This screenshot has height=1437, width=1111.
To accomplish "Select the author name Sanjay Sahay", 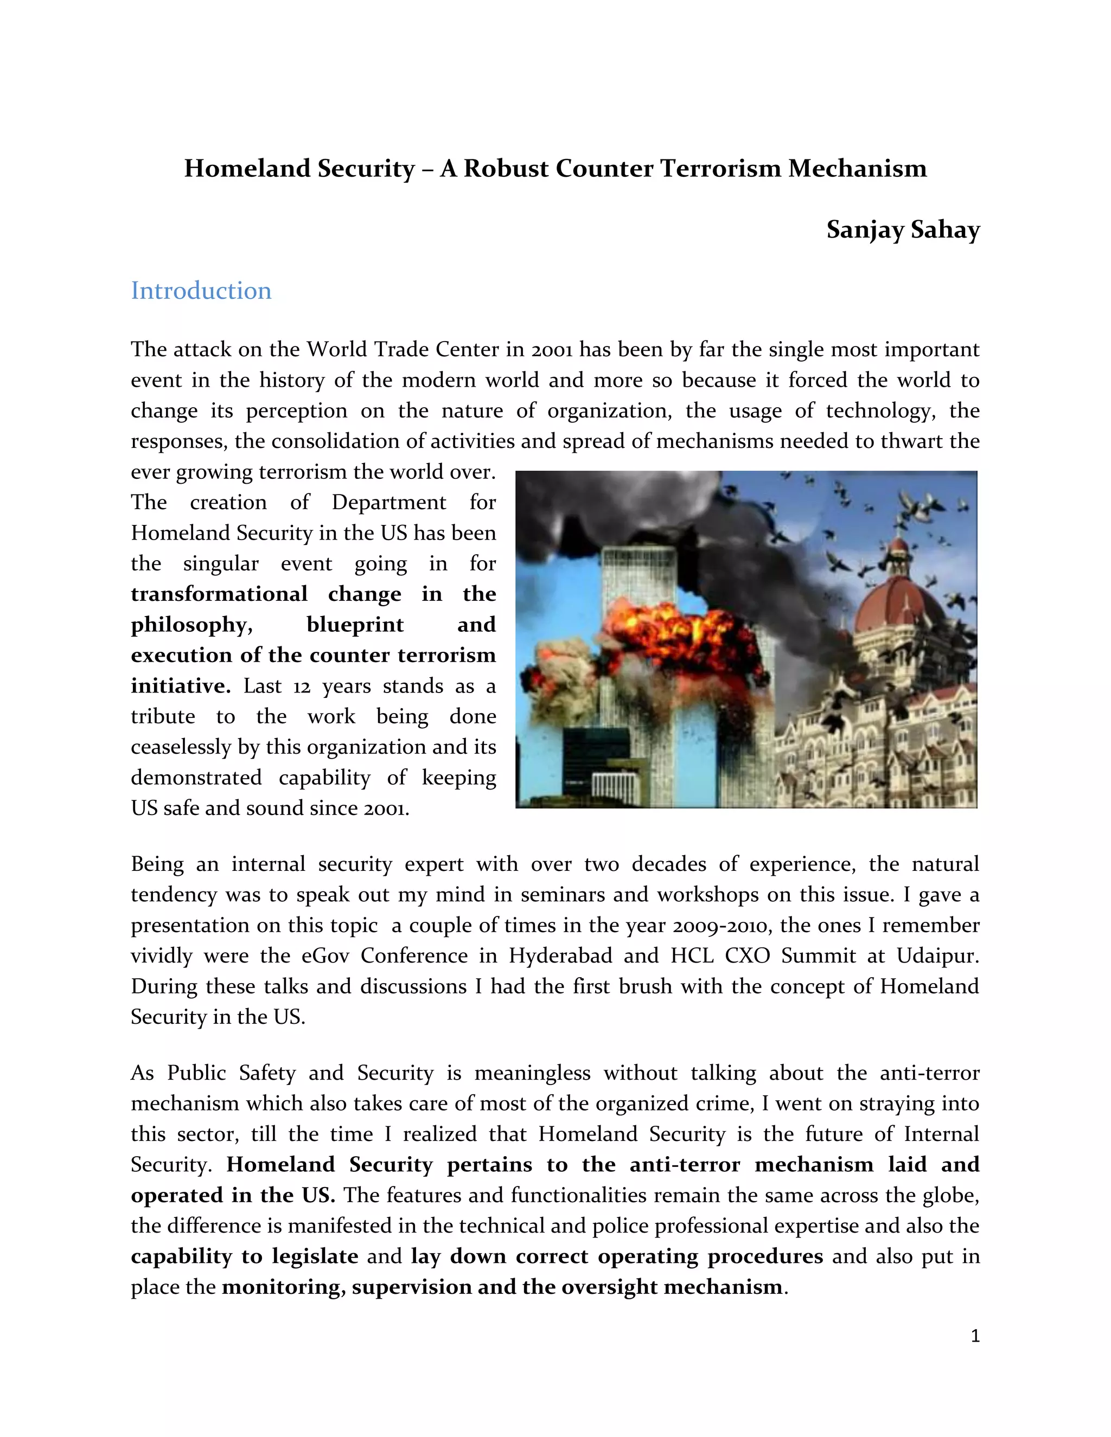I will coord(903,229).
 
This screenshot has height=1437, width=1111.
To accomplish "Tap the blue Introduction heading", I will coord(201,291).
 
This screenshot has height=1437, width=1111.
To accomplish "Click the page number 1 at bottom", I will coord(975,1336).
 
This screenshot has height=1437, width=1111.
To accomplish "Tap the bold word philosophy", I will coord(191,624).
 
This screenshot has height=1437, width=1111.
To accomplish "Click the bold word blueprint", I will coord(355,624).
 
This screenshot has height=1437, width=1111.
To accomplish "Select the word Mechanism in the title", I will coord(858,169).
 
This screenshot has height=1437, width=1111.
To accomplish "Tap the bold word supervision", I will coord(411,1286).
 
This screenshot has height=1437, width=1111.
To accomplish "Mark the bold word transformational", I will coord(219,594).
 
